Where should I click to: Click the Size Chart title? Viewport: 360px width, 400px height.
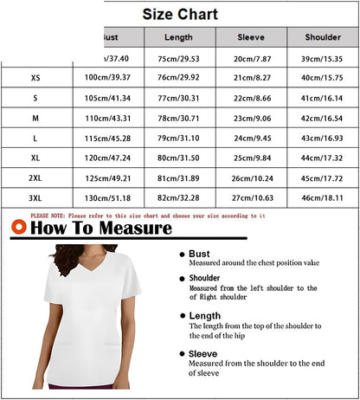(179, 14)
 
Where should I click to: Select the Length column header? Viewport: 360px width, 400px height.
(179, 38)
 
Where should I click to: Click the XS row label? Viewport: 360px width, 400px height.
(35, 78)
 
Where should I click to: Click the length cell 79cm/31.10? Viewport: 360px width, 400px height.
(179, 138)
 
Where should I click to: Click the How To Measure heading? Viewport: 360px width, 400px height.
(99, 229)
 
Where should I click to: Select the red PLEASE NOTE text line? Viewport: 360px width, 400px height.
(147, 215)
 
